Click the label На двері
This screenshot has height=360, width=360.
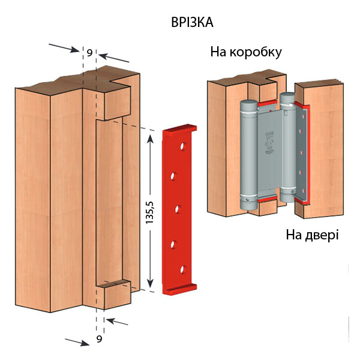(312, 234)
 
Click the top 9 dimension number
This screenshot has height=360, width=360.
(89, 53)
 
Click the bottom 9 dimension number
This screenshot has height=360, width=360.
(99, 340)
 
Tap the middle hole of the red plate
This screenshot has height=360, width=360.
(178, 209)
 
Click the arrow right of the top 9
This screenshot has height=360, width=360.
(114, 58)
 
